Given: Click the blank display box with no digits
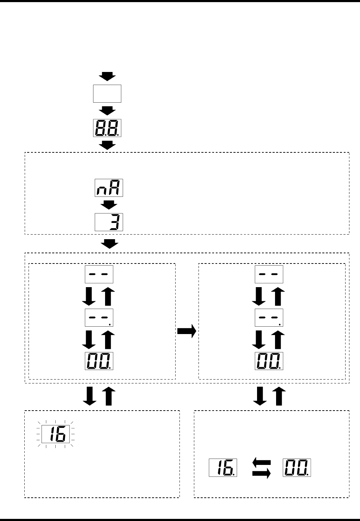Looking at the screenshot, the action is click(107, 93).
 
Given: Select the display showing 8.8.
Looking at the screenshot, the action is click(107, 128).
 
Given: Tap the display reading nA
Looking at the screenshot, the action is click(109, 188).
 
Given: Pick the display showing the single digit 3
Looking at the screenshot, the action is click(109, 222).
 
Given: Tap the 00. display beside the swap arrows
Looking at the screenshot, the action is click(297, 467).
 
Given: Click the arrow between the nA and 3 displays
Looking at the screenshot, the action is click(110, 205).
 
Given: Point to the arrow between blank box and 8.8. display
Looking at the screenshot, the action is click(107, 110).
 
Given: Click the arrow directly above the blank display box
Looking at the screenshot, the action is click(107, 76).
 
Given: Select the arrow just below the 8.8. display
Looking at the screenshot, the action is click(107, 145).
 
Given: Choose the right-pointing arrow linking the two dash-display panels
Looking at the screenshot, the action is click(187, 332).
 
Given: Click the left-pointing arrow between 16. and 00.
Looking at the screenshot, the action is click(262, 462).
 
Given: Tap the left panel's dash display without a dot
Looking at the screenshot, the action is click(99, 274).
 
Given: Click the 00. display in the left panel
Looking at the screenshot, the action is click(99, 361).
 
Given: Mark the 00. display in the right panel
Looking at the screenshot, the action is click(269, 361).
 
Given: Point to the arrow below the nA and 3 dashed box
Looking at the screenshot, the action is click(110, 244).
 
